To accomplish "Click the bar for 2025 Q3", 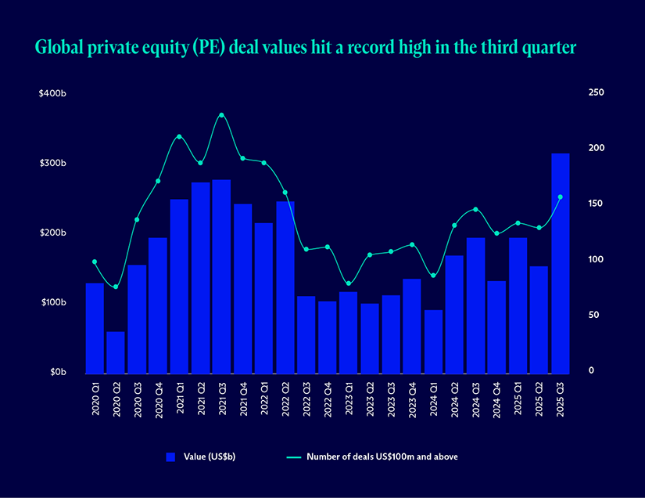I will coord(561,262).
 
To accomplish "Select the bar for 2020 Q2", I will coord(116,352).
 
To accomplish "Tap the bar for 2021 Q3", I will coord(221,276).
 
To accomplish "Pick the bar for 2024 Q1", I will coord(433,341).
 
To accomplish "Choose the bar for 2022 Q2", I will coord(285,287).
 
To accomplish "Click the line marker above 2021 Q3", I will coord(221,115).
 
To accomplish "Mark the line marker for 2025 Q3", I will coord(561,197).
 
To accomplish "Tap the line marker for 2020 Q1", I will coord(95,262).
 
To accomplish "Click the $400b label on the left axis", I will coord(52,93).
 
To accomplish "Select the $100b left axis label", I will coord(52,302).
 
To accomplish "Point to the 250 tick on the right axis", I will coord(597,92).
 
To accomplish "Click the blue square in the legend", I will coord(171,457).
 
